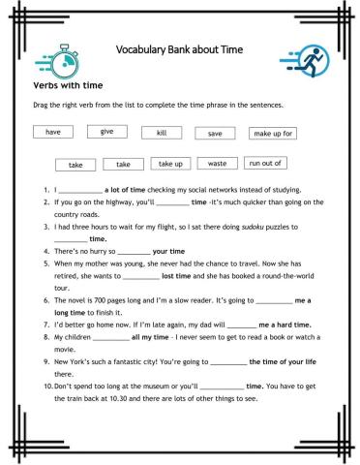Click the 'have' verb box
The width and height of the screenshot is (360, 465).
53,132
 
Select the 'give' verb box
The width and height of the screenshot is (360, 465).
107,131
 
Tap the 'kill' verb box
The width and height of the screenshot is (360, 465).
161,132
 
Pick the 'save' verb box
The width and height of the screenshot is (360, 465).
215,133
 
